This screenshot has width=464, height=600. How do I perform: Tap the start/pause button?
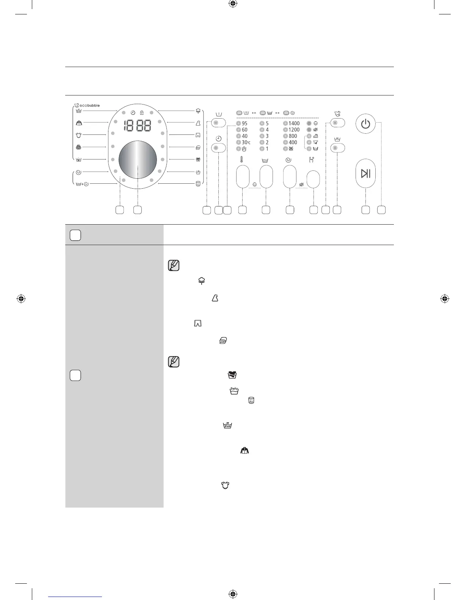click(x=365, y=173)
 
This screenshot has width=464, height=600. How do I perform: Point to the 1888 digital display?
click(x=138, y=126)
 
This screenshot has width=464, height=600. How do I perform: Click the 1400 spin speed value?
click(x=294, y=123)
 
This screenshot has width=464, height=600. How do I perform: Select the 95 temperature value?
click(x=245, y=123)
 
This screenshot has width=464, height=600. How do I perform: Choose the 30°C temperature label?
click(x=246, y=142)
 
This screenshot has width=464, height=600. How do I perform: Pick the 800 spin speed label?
click(x=293, y=136)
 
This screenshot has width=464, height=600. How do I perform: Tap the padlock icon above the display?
click(x=142, y=112)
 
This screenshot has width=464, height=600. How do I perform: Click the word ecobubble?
click(x=89, y=106)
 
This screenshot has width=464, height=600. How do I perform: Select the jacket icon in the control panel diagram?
click(x=79, y=123)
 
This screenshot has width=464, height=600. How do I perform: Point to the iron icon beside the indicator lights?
click(x=315, y=136)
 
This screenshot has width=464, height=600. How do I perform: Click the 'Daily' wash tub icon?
click(x=234, y=391)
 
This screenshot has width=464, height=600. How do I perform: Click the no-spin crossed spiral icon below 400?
click(x=291, y=149)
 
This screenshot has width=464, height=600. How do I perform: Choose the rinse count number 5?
click(x=267, y=123)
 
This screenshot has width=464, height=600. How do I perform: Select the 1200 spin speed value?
click(x=294, y=130)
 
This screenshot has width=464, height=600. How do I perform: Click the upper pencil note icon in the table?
click(x=173, y=266)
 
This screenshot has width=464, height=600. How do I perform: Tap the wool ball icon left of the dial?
click(x=78, y=147)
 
